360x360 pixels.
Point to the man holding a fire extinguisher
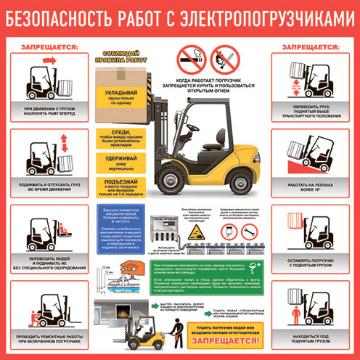click(171, 335)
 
